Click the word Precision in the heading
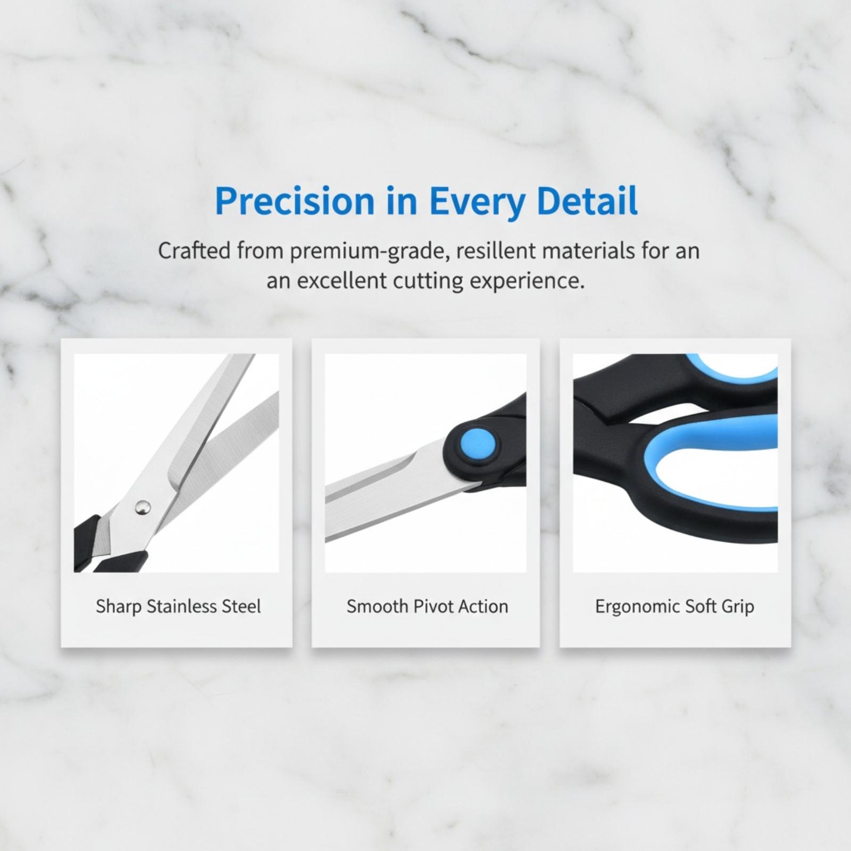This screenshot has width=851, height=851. (295, 202)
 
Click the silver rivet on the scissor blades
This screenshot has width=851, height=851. (142, 507)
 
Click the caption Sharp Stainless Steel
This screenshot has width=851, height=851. (178, 606)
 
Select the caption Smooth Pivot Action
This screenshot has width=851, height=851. (427, 606)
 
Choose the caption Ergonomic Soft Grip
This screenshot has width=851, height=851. (674, 607)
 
